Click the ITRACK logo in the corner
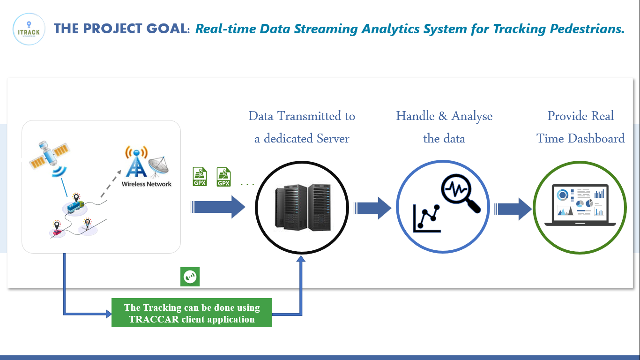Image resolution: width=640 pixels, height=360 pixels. point(29,29)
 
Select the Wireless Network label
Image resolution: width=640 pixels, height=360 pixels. point(147,184)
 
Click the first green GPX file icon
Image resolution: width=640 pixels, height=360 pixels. point(200,177)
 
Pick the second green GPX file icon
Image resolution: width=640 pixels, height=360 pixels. point(223,177)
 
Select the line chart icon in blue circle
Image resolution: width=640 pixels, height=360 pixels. point(427,218)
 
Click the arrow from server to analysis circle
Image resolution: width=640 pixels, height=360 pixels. point(372,208)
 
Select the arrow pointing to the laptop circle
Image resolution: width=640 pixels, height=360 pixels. point(513,208)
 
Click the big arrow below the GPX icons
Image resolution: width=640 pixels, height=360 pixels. point(218,207)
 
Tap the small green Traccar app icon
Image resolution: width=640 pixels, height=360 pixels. point(190,277)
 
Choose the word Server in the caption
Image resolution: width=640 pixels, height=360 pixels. point(332,139)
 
